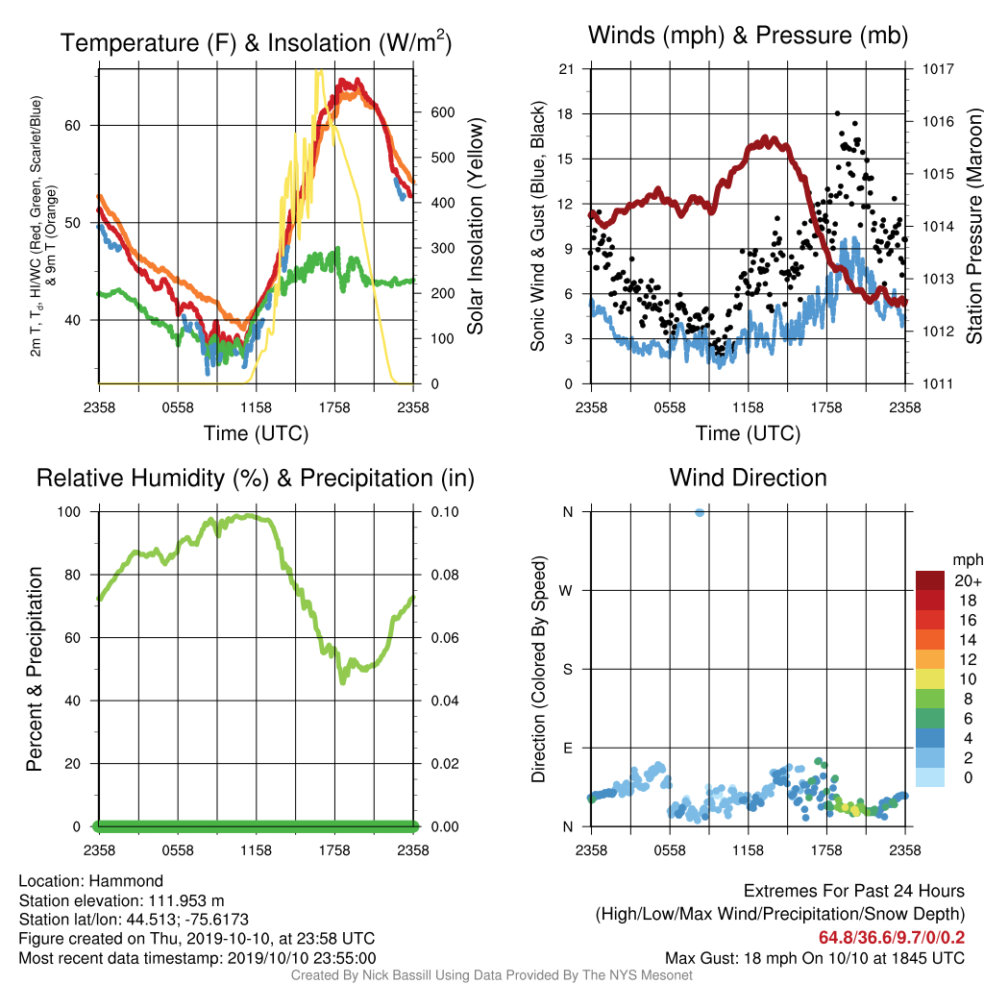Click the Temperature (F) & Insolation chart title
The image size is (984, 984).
click(256, 42)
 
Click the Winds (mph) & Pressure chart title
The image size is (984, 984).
click(748, 36)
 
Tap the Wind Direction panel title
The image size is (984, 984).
click(748, 478)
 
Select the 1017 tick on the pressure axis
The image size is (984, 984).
click(938, 69)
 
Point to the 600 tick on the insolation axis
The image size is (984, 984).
click(442, 112)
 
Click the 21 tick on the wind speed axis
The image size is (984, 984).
click(566, 69)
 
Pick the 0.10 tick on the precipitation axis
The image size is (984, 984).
click(444, 512)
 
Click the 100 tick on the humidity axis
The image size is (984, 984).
click(69, 512)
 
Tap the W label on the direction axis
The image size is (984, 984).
click(566, 591)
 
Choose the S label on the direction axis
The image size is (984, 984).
click(567, 670)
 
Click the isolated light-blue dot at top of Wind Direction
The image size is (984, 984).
click(700, 513)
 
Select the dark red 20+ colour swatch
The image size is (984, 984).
click(930, 580)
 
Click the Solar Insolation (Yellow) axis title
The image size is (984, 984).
click(475, 226)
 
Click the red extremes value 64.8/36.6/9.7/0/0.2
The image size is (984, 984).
click(892, 938)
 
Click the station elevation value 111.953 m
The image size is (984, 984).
click(186, 901)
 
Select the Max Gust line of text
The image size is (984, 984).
click(815, 958)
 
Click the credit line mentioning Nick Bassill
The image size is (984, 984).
click(491, 975)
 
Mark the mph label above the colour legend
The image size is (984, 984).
click(967, 560)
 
